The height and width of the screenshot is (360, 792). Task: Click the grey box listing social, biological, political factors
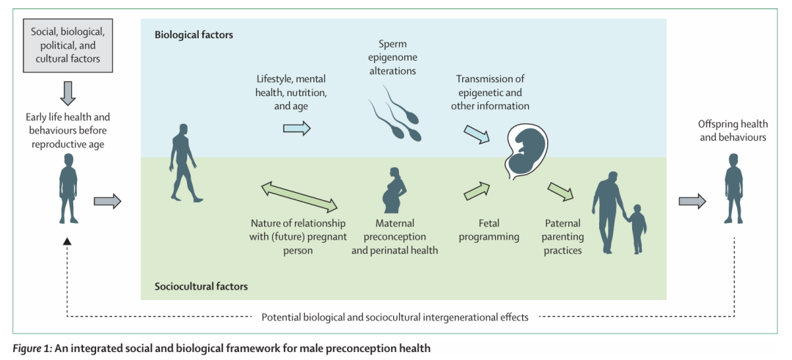point(67,45)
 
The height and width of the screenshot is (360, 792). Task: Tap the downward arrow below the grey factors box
point(67,92)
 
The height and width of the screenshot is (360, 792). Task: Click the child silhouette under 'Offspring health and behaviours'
point(734,188)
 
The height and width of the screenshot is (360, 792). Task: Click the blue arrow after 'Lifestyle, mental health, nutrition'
point(296,128)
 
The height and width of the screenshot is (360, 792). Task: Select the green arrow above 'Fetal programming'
point(477,191)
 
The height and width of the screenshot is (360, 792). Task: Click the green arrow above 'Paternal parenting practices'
point(560,192)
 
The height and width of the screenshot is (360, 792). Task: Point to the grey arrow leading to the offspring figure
point(692,201)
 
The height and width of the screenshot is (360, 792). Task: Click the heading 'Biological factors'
point(194,34)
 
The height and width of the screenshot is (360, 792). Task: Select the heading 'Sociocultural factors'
point(201,287)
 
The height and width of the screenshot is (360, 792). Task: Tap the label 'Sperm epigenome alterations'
point(392,58)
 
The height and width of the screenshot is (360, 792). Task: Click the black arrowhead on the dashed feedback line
point(67,241)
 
